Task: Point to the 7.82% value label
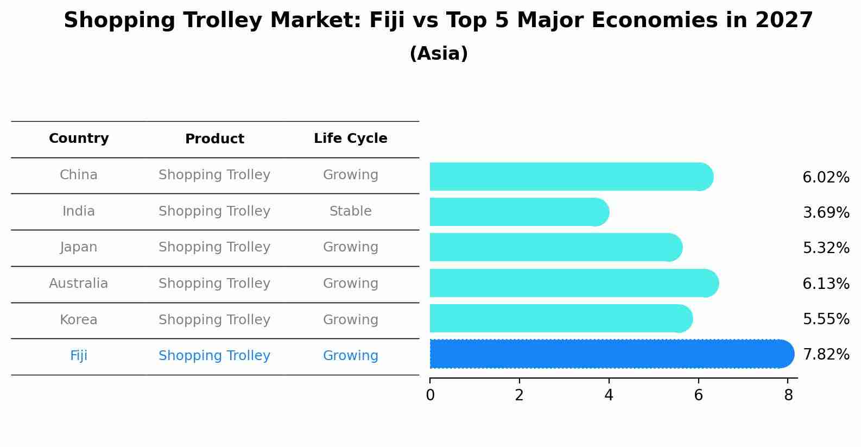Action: click(x=826, y=355)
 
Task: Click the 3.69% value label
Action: click(x=826, y=213)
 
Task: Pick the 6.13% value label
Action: click(x=826, y=284)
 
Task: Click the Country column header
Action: click(x=79, y=138)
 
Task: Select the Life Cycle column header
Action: click(x=350, y=138)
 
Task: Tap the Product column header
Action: click(x=214, y=139)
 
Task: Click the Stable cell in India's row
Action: click(x=350, y=211)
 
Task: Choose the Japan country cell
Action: click(x=79, y=247)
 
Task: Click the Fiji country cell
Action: click(x=79, y=356)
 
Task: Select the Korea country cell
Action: click(x=79, y=320)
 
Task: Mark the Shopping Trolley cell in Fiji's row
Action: click(x=214, y=356)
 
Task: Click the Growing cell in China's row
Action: click(x=350, y=175)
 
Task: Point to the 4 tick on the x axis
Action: click(x=609, y=395)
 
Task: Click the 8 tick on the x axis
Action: click(x=788, y=395)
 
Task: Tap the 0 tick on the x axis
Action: click(x=430, y=395)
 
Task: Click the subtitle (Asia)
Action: click(x=439, y=54)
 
